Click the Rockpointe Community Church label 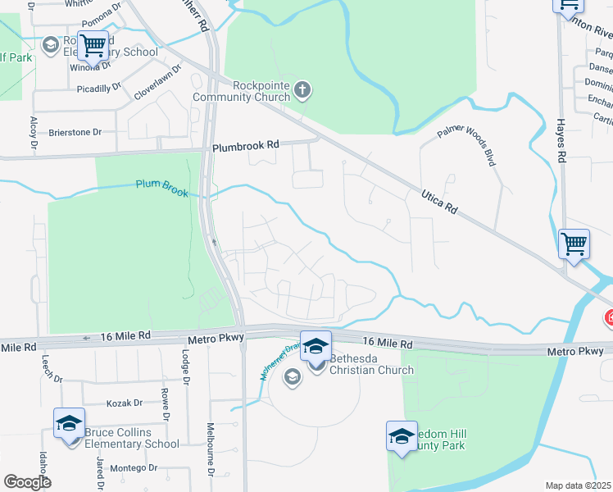point(241,91)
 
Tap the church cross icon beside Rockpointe point(302,89)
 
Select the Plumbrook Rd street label point(246,145)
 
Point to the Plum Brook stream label point(161,189)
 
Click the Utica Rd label point(438,201)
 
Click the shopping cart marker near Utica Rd point(574,244)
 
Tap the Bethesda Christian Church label point(371,364)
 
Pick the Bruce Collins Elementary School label point(131,438)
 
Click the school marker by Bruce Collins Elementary point(70,423)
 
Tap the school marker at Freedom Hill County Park point(402,435)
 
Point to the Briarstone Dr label point(75,131)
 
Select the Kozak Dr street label point(125,403)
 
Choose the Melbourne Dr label point(210,451)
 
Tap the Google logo point(27,482)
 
